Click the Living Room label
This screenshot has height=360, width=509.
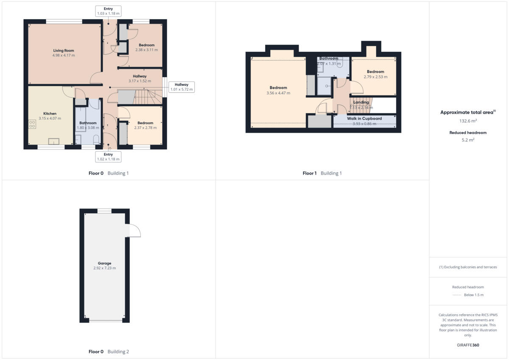pyautogui.click(x=64, y=50)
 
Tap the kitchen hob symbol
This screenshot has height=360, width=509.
pyautogui.click(x=32, y=124)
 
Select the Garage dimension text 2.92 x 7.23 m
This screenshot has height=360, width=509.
pyautogui.click(x=104, y=268)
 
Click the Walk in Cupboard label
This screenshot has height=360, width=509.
pyautogui.click(x=364, y=119)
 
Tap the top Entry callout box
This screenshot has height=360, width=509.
pyautogui.click(x=108, y=11)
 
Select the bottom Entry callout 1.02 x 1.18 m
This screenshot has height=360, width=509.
pyautogui.click(x=108, y=157)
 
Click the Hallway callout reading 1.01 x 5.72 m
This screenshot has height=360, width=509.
pyautogui.click(x=182, y=87)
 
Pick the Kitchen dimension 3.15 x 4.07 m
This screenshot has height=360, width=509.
pyautogui.click(x=50, y=118)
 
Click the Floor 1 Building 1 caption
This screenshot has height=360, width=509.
pyautogui.click(x=322, y=173)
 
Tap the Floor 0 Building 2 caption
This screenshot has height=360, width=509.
pyautogui.click(x=109, y=352)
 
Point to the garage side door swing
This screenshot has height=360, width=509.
pyautogui.click(x=134, y=230)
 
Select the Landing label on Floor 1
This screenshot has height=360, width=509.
pyautogui.click(x=361, y=102)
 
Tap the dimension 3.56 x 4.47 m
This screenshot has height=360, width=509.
pyautogui.click(x=278, y=93)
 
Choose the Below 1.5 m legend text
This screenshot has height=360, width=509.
pyautogui.click(x=474, y=295)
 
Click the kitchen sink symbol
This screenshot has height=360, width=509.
pyautogui.click(x=54, y=141)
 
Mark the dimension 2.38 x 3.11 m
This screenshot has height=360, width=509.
pyautogui.click(x=146, y=50)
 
